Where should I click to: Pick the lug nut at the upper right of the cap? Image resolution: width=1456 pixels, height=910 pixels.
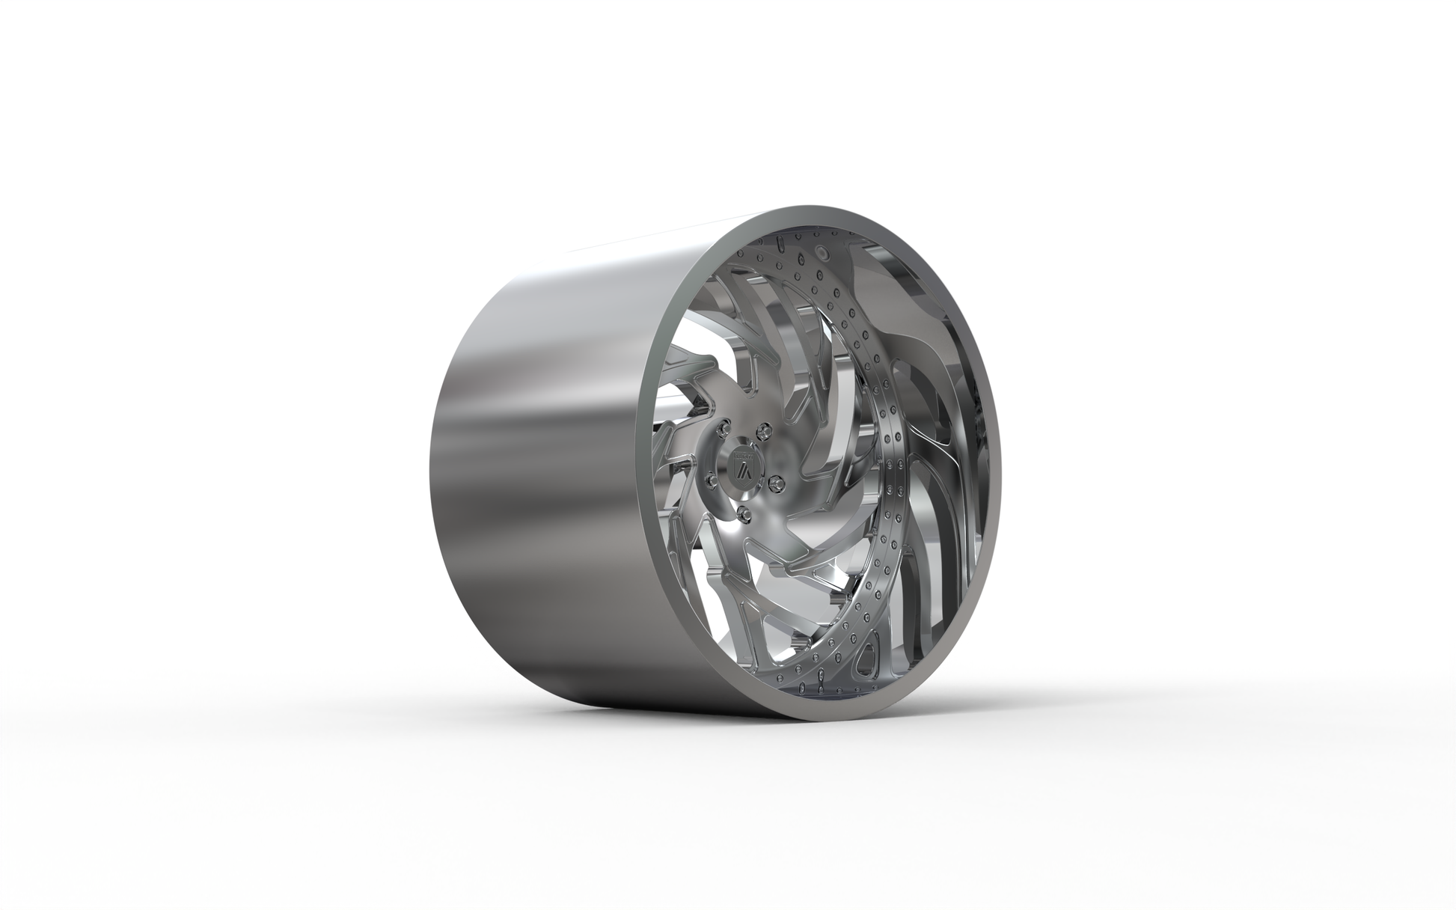tap(763, 430)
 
